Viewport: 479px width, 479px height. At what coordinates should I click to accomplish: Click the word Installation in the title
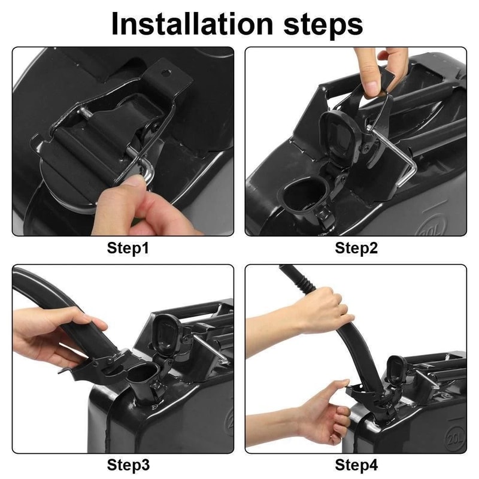tap(192, 24)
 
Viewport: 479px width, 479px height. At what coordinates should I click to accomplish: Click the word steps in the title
tap(323, 26)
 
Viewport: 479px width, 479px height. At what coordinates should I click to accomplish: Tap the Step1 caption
tap(128, 248)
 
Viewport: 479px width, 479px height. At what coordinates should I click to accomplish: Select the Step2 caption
tap(356, 248)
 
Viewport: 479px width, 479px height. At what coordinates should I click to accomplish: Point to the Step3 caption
tap(128, 465)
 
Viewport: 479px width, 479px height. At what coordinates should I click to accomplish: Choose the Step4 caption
tap(356, 465)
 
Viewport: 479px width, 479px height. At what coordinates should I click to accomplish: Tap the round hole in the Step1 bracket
tap(166, 73)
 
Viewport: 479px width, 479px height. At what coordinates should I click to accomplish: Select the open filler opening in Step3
tap(142, 372)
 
